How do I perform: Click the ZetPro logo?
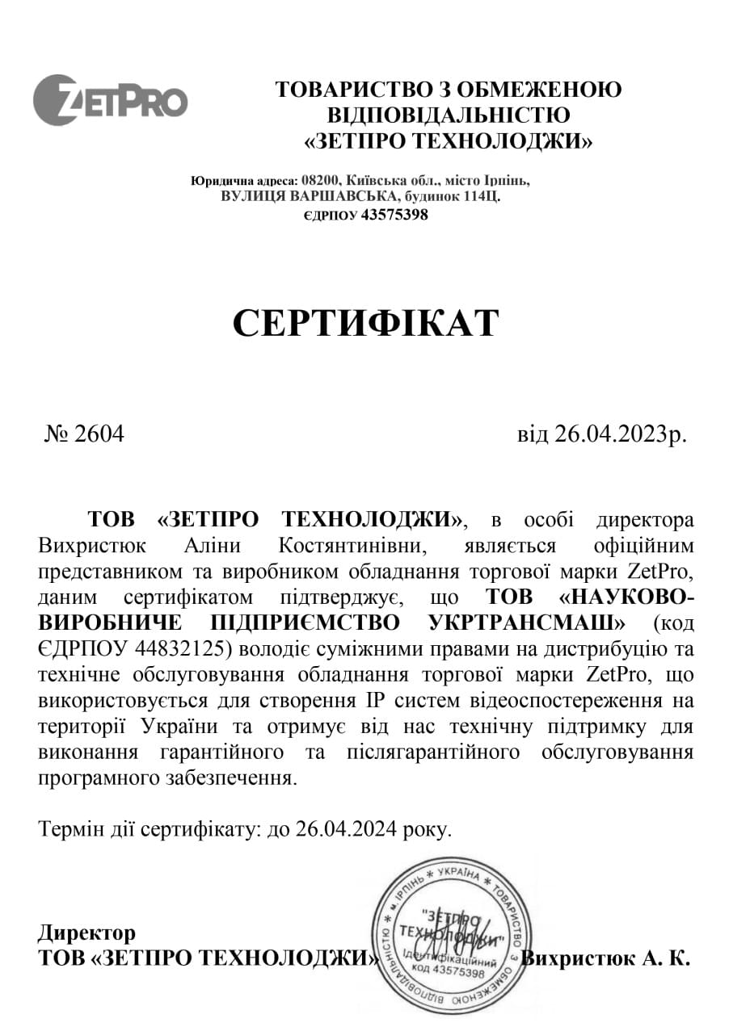(110, 100)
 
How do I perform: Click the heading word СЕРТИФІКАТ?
(366, 323)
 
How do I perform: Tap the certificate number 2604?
(99, 434)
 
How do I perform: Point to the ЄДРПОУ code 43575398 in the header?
(394, 215)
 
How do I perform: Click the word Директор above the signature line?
(86, 933)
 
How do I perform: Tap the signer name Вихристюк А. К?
(606, 958)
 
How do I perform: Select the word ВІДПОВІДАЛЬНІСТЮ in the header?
(448, 115)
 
